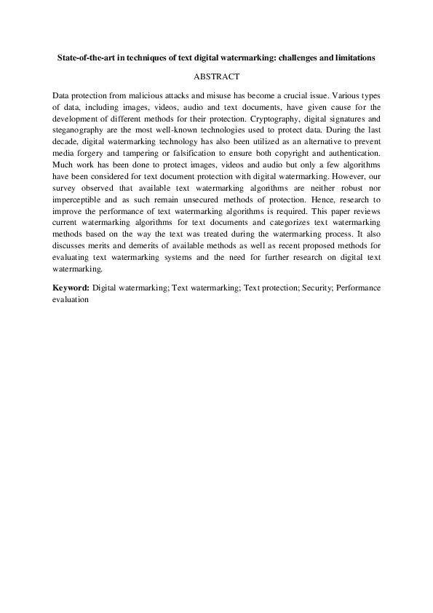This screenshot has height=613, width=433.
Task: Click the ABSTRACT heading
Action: click(x=216, y=76)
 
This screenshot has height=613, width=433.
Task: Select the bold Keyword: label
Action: click(x=71, y=288)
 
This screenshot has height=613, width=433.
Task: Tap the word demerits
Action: click(x=135, y=248)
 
